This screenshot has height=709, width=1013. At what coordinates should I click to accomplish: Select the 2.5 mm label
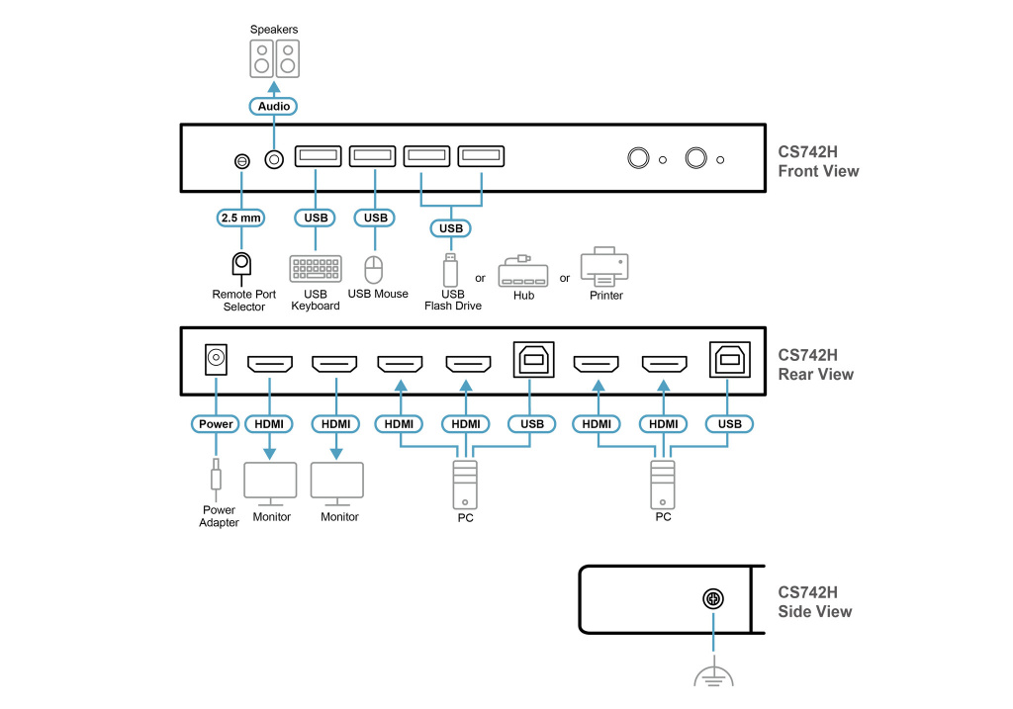[240, 218]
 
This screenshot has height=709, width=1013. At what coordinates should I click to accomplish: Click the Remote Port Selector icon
[240, 264]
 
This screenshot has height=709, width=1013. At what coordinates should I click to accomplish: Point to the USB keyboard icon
[316, 269]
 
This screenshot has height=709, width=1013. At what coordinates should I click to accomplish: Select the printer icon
[604, 266]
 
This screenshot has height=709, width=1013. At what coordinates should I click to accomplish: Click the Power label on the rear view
[216, 424]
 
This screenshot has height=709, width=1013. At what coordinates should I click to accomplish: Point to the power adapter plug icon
[216, 479]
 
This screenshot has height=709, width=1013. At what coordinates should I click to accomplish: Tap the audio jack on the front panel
[274, 158]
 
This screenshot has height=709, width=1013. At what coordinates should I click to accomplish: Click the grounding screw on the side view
[712, 599]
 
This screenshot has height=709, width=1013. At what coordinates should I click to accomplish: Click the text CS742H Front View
[818, 162]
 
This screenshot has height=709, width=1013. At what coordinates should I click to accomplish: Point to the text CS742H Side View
[814, 602]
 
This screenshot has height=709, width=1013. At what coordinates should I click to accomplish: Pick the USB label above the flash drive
[451, 228]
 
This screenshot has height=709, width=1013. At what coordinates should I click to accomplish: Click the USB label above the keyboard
[316, 218]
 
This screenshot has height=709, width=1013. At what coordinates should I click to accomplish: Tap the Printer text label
[605, 296]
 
